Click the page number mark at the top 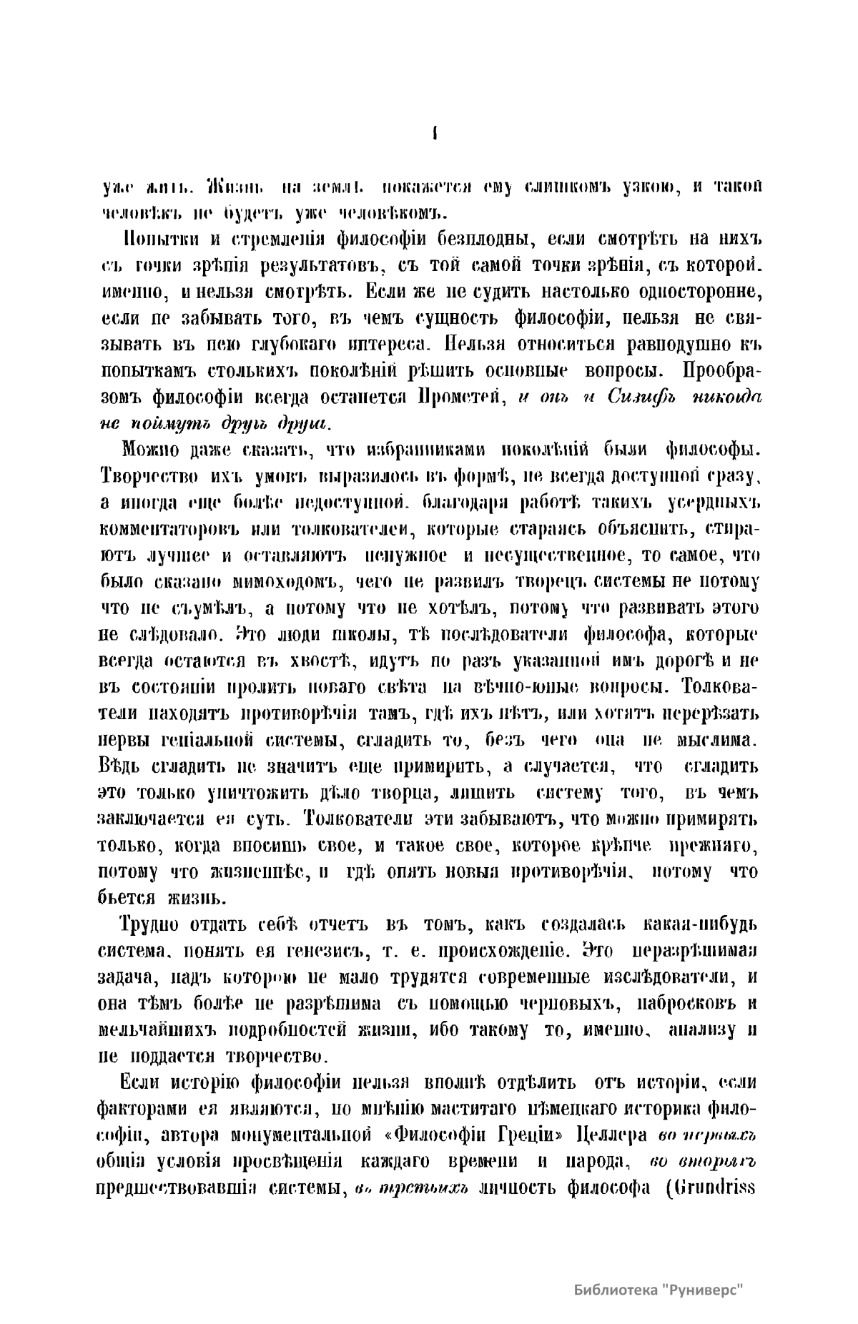pos(435,134)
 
